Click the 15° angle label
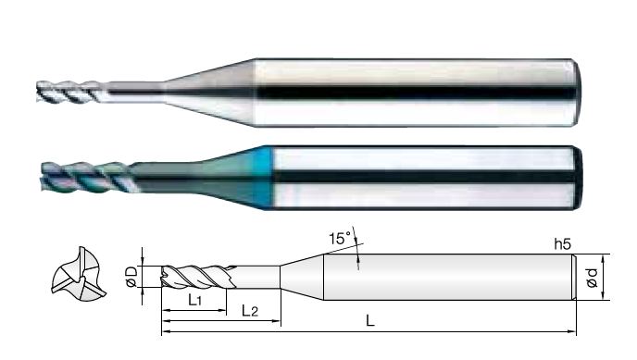coord(340,238)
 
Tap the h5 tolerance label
coord(563,244)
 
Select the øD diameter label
coord(132,277)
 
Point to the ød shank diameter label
coord(593,278)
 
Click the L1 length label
coord(195,301)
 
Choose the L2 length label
coord(249,311)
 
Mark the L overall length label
coord(369,321)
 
